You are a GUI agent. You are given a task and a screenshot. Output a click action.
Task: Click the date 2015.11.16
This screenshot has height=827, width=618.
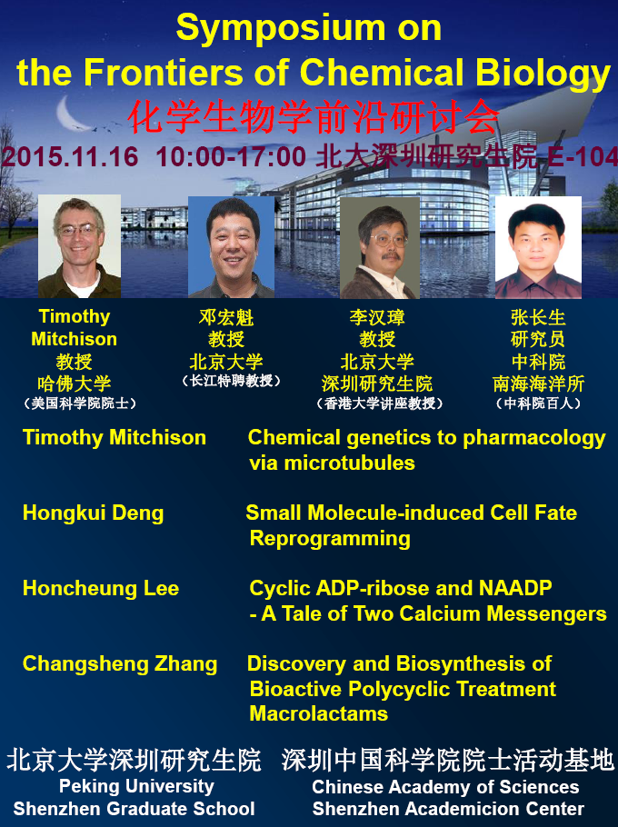tap(70, 157)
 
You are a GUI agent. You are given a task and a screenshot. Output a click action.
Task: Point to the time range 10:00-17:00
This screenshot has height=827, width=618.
tap(231, 157)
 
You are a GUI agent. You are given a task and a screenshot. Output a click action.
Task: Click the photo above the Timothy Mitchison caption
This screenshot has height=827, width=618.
tap(79, 246)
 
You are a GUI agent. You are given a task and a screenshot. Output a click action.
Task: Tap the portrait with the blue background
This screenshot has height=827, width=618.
tap(231, 247)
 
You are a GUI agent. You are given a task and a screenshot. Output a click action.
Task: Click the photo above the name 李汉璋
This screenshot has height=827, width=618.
tap(380, 248)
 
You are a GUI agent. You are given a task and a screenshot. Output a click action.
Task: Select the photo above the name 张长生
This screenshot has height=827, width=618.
tap(538, 247)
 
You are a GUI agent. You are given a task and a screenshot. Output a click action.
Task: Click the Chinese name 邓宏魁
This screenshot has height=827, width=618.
tap(226, 317)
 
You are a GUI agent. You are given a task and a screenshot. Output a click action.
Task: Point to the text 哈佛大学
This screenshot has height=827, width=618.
tap(75, 384)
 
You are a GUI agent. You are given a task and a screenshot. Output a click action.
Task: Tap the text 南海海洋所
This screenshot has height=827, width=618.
tap(538, 384)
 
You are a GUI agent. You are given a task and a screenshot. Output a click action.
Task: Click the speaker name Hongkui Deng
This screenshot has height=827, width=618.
tap(94, 513)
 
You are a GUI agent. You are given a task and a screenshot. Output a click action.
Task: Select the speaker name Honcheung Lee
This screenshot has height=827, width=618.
tap(101, 588)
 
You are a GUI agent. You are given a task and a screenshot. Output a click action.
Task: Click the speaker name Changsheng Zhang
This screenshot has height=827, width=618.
tap(120, 664)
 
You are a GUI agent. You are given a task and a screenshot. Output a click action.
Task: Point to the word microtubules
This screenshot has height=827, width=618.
tap(350, 463)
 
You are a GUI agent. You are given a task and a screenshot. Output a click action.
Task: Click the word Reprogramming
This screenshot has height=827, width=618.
tap(330, 539)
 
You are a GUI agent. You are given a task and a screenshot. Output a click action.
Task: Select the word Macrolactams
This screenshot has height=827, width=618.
tap(318, 713)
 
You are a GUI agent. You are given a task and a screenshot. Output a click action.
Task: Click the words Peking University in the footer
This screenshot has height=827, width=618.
tap(136, 786)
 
